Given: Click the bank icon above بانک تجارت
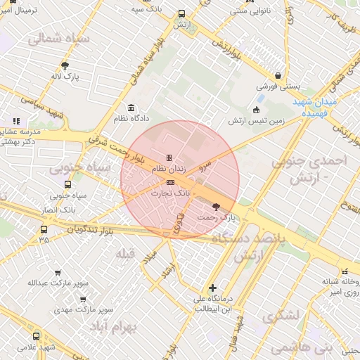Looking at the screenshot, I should (x=169, y=182).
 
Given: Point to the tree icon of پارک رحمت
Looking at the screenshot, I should (x=215, y=207).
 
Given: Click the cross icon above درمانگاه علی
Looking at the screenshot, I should (x=212, y=288).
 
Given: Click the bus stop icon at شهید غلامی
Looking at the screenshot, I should (x=37, y=336).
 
